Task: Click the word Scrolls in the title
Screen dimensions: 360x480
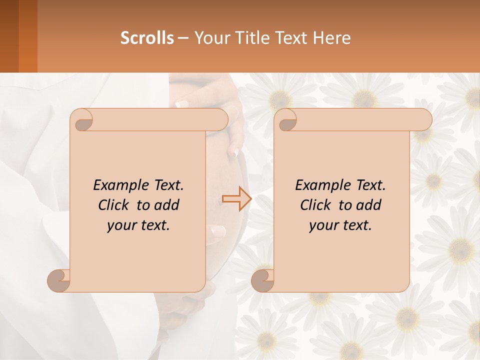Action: point(147,38)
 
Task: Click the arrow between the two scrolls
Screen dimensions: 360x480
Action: point(236,199)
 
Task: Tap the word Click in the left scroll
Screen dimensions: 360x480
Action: point(114,205)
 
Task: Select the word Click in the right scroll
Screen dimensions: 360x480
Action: point(316,205)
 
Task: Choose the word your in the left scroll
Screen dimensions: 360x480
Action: point(120,225)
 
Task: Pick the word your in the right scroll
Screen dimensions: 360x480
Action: point(322,225)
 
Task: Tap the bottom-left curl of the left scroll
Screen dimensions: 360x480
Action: point(59,281)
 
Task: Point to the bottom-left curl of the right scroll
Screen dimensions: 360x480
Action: point(263,281)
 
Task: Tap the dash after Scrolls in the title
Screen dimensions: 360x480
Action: point(183,38)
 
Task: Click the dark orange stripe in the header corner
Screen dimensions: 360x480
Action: point(28,36)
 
